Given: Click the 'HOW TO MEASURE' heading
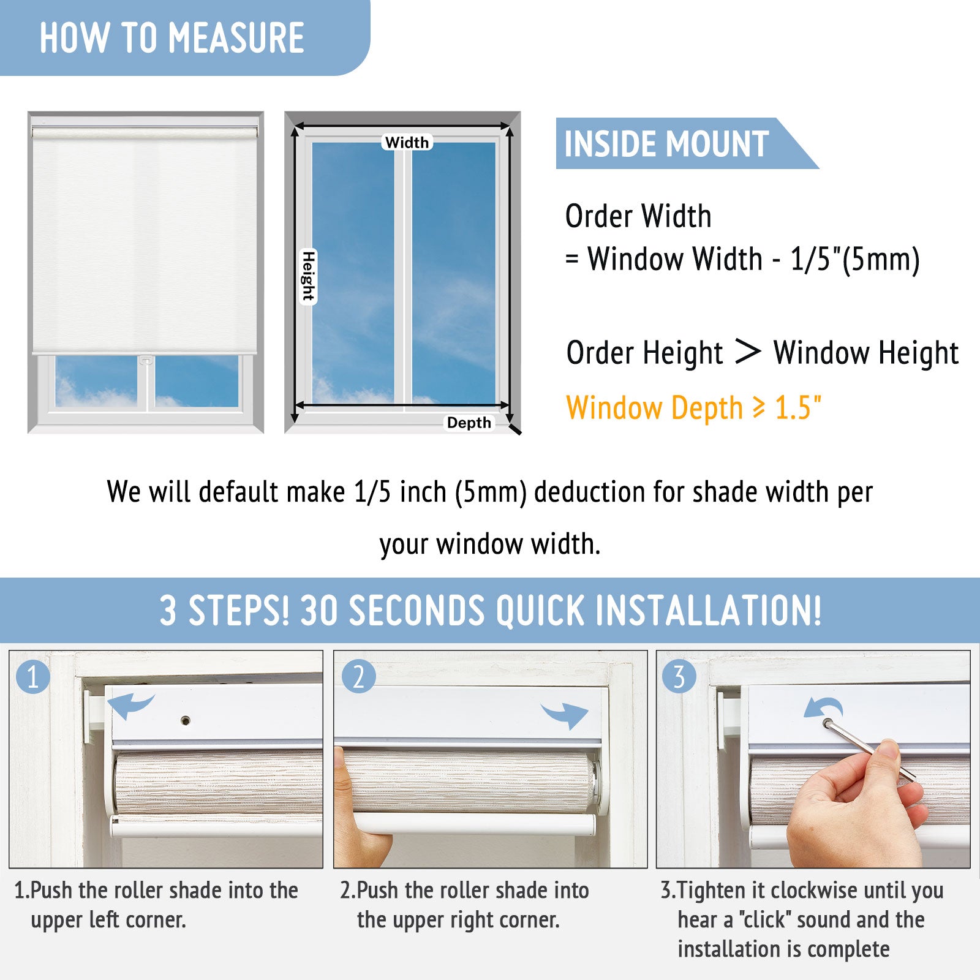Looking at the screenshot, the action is [171, 38].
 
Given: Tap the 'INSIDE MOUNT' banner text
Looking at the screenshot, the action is [666, 144].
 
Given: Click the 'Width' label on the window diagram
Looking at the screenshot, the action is [407, 142].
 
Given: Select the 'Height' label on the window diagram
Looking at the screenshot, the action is [308, 276].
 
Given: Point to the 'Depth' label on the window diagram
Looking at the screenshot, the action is [469, 423].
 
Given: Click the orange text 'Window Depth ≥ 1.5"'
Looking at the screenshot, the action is [693, 408].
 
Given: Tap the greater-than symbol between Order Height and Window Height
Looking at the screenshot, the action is [747, 352].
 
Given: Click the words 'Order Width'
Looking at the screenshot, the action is [638, 216].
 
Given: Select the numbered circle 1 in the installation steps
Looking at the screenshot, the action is [33, 677].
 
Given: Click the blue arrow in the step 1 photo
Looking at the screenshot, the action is [130, 705].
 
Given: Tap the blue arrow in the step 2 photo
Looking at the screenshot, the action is [565, 714].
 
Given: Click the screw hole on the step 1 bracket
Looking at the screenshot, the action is [186, 720].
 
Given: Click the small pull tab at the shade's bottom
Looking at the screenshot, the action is [146, 360].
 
